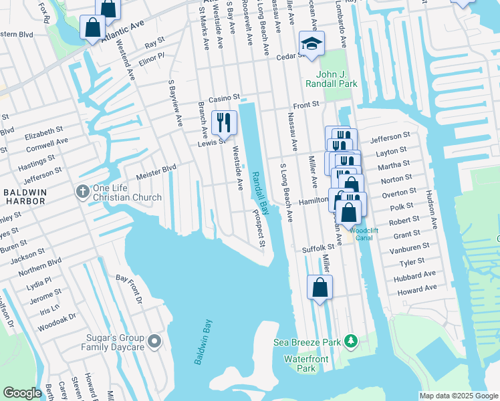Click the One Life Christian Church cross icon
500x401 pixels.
(x=82, y=192)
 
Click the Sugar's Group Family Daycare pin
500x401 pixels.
(x=154, y=342)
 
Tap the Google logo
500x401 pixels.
(x=23, y=393)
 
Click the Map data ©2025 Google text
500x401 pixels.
(x=459, y=396)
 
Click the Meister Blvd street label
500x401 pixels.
(x=156, y=172)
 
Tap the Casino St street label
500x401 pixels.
(x=223, y=98)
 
